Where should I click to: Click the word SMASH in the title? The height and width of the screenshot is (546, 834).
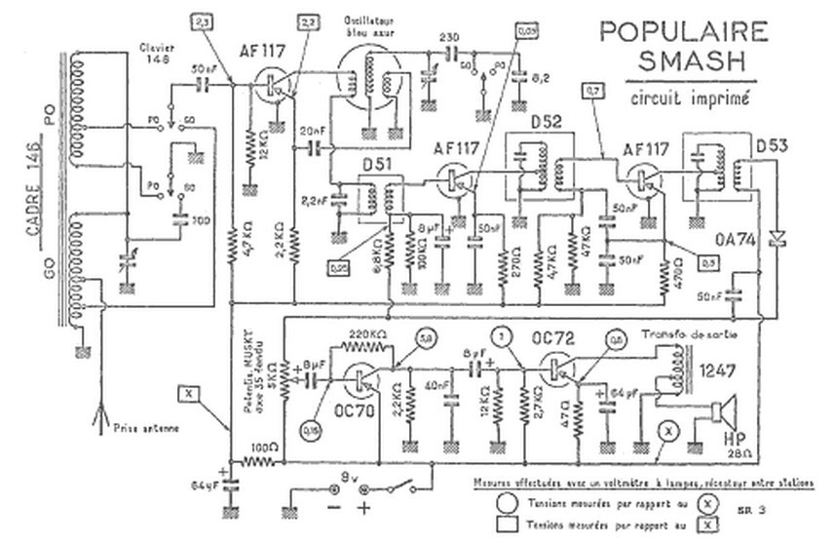tap(694, 61)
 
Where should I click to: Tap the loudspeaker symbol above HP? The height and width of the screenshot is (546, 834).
tap(722, 411)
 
